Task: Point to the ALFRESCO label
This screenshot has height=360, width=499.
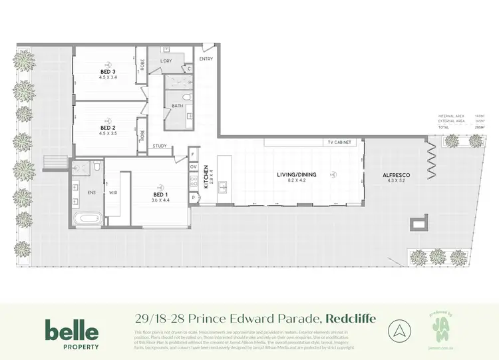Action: click(394, 176)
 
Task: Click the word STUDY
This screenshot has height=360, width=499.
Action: click(160, 146)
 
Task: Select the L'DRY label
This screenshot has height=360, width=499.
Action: click(166, 61)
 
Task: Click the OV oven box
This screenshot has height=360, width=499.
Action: click(193, 168)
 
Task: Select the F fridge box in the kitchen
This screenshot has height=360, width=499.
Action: click(193, 154)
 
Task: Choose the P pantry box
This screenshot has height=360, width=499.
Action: click(193, 198)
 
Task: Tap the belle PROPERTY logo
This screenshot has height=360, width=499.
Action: click(72, 334)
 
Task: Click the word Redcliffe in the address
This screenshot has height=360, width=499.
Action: click(353, 318)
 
